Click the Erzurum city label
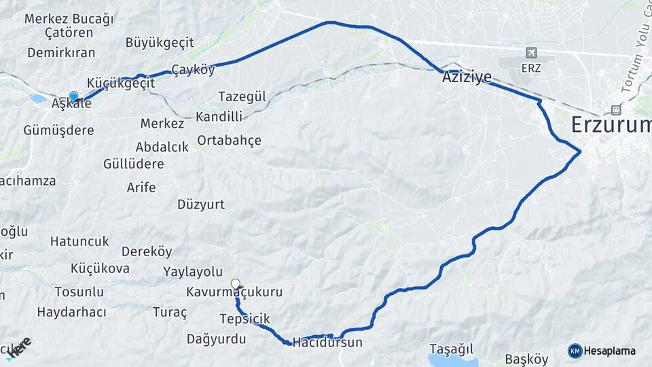(611, 124)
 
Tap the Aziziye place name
(467, 77)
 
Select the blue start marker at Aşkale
(73, 97)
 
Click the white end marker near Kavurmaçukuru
(236, 284)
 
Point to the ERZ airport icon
(530, 52)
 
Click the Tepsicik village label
(244, 319)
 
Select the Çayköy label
(193, 69)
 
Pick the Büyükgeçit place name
(160, 42)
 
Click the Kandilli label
(219, 116)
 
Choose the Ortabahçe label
(229, 141)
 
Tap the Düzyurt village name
(201, 204)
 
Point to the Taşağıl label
(451, 349)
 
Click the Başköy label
(526, 359)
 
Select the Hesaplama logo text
(609, 351)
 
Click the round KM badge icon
(575, 351)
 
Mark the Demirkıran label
(61, 53)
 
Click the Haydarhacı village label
(71, 312)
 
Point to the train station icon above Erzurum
(616, 109)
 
